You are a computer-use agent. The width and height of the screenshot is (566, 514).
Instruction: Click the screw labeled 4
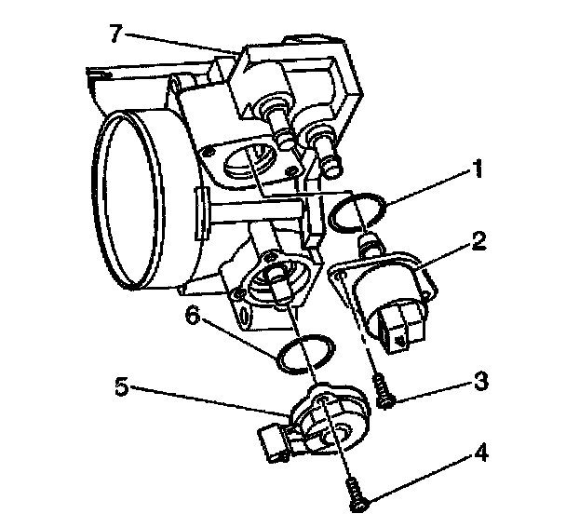(x=355, y=491)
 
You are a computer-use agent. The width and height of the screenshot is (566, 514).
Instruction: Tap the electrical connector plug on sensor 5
(x=276, y=443)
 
